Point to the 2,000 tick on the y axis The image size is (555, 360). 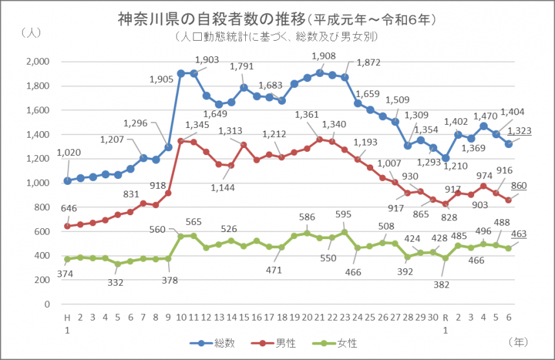[38, 61]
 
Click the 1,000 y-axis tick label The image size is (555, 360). [38, 183]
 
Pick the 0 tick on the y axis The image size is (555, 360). [47, 304]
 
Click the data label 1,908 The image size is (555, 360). [323, 57]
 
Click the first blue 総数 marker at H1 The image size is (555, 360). [67, 180]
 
